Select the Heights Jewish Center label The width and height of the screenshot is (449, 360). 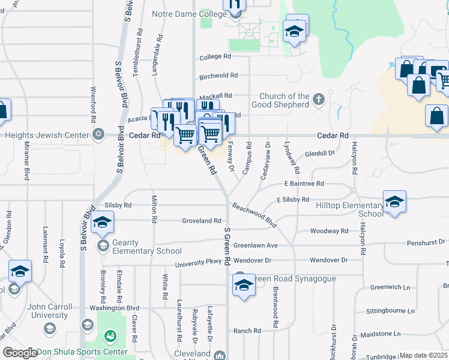click(47, 136)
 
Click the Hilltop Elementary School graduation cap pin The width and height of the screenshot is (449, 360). click(394, 203)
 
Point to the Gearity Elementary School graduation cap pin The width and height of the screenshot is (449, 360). click(101, 223)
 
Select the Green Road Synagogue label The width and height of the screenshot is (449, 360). click(288, 279)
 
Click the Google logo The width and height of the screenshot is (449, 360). click(20, 353)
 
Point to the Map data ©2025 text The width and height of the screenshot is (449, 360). click(423, 355)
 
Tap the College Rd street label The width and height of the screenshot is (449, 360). click(215, 57)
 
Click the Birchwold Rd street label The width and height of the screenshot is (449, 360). click(218, 76)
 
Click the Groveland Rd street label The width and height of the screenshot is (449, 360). click(202, 221)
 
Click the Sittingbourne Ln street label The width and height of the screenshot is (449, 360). click(391, 311)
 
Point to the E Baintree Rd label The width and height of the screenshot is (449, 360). click(304, 184)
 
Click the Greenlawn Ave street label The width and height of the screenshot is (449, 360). click(256, 245)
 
